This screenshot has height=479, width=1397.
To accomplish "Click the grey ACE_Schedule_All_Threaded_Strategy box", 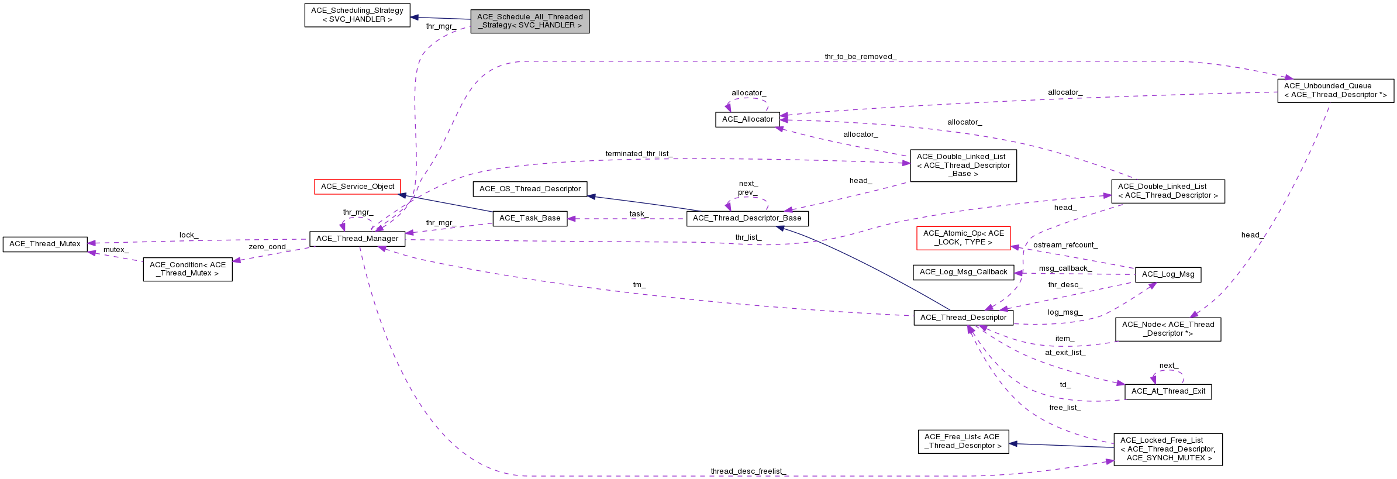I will click(530, 21).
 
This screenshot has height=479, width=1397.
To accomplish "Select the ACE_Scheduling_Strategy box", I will click(357, 15).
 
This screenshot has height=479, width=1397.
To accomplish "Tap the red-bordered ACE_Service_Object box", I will click(357, 187).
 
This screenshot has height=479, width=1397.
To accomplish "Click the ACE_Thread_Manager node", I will click(357, 239).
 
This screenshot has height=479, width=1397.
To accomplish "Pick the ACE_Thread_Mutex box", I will click(45, 244).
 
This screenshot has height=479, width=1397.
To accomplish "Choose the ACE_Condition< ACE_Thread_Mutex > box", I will click(188, 269).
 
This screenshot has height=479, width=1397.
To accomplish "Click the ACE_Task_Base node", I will click(530, 218).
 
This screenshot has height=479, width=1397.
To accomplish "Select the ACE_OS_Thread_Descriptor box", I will click(530, 189).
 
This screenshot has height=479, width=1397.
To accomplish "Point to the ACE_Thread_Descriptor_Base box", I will click(747, 218).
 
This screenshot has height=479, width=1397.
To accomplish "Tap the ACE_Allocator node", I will click(747, 119).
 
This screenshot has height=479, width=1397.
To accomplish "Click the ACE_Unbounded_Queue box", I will click(1335, 90).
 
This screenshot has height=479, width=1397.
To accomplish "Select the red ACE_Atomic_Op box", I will click(963, 238).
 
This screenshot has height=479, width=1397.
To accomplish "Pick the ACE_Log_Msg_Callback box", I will click(963, 272).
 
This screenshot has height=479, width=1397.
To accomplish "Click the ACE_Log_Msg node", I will click(1168, 274).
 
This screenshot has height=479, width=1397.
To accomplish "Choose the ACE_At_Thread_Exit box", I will click(1168, 391).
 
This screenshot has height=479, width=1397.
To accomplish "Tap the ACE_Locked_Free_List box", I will click(1168, 449).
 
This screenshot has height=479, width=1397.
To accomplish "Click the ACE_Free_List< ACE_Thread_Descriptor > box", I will click(963, 442).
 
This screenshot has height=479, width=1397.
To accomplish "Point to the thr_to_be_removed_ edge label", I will click(860, 57).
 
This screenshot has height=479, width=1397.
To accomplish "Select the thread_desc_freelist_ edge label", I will click(748, 471).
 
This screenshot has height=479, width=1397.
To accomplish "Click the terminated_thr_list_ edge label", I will click(639, 154).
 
